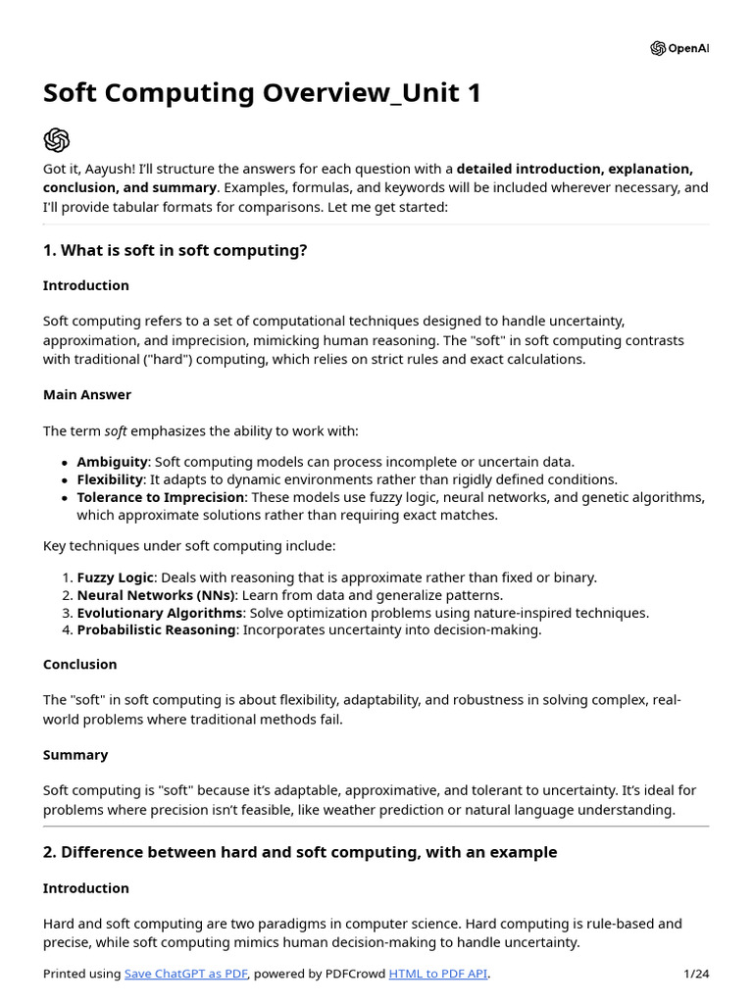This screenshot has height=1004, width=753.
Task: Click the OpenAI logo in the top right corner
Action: point(678,48)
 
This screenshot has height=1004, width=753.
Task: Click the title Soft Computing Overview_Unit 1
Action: point(262,94)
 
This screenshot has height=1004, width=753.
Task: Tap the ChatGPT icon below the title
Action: point(57,139)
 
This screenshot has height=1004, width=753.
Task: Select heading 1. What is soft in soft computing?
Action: point(175,250)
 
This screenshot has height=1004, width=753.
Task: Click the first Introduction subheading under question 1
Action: point(86,285)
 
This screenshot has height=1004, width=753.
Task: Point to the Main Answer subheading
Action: point(87,394)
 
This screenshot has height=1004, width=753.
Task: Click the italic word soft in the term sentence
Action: point(116,430)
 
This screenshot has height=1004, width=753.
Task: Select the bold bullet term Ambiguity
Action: point(113,462)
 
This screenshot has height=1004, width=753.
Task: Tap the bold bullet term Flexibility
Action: point(110,479)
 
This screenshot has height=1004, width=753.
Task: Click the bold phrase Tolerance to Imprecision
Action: point(160,497)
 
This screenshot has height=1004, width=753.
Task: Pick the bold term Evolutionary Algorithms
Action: point(159,613)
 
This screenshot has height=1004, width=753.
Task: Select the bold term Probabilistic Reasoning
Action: point(156,629)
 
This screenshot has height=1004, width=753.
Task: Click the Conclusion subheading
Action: point(80,664)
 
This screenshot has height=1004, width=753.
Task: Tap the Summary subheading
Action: point(75,755)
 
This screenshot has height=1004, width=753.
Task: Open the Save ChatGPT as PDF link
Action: point(186,974)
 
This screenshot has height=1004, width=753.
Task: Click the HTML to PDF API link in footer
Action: point(437,974)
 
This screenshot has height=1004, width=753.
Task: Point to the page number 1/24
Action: point(695,974)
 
